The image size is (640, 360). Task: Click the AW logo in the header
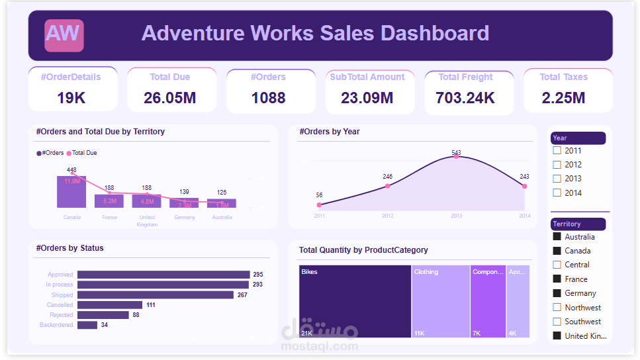click(x=64, y=35)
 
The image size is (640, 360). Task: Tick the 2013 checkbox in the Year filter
click(x=557, y=179)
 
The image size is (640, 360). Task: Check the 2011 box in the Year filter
click(x=557, y=150)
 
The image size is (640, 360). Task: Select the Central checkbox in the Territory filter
click(x=557, y=265)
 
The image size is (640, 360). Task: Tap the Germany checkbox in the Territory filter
click(x=557, y=293)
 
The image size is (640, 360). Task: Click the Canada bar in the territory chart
click(x=71, y=192)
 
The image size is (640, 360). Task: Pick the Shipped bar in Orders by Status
click(x=156, y=295)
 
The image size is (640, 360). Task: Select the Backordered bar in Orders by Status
click(x=87, y=325)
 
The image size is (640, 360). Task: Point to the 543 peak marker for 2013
click(x=456, y=157)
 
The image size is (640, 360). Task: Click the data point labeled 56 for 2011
click(x=320, y=204)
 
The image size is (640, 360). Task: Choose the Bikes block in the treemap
click(x=355, y=301)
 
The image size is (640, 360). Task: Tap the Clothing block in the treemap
click(x=440, y=301)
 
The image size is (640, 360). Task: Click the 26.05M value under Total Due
click(x=169, y=98)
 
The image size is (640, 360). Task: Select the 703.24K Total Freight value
click(x=465, y=98)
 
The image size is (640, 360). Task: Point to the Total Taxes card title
click(x=563, y=77)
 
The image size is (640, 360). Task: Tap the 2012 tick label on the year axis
click(x=388, y=216)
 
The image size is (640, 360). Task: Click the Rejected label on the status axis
click(x=62, y=315)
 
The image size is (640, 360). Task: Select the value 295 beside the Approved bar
click(x=257, y=275)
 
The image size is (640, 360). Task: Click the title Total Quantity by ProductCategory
click(x=363, y=250)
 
